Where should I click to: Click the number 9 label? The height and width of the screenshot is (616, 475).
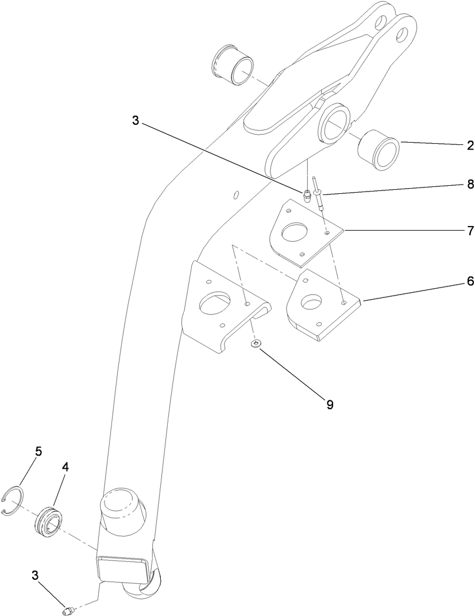click(330, 404)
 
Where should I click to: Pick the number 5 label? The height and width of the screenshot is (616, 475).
click(38, 452)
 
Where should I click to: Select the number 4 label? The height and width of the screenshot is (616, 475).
click(65, 468)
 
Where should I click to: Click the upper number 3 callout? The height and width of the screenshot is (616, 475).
click(136, 121)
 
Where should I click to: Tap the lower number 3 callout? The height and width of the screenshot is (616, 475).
click(36, 575)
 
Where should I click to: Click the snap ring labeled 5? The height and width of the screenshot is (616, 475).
click(12, 501)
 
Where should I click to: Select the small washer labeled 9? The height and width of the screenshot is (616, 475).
click(256, 345)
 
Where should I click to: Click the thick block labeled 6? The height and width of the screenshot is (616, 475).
click(322, 305)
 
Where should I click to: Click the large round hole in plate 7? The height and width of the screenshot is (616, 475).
click(295, 234)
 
